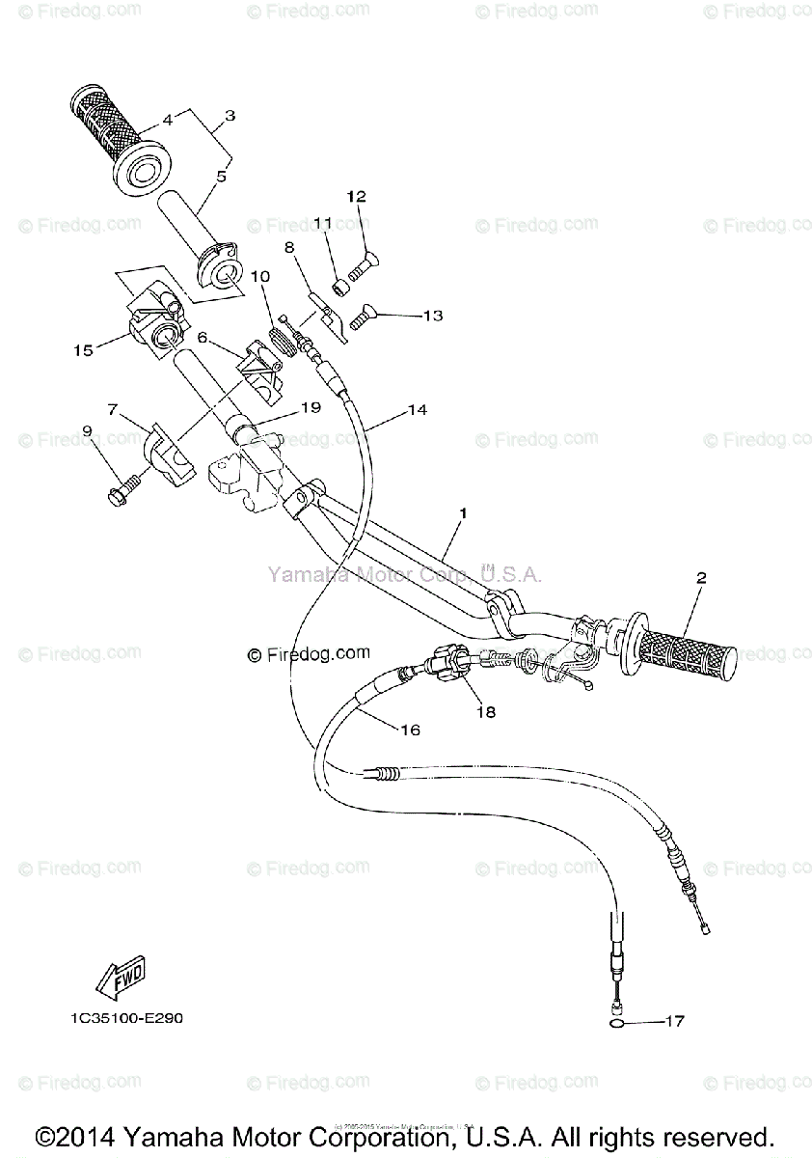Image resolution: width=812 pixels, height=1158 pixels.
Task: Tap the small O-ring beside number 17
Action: point(616,1021)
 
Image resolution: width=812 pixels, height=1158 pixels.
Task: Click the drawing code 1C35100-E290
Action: point(125,1020)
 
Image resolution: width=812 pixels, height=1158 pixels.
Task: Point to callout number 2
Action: point(701,578)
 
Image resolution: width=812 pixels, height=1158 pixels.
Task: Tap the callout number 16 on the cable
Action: point(410,731)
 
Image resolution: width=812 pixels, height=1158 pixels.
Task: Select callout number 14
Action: point(417,410)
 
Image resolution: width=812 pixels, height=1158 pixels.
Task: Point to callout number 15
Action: point(83,350)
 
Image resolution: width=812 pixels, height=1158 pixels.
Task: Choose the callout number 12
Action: point(357,197)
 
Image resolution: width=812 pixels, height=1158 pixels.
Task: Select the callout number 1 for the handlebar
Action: point(463,513)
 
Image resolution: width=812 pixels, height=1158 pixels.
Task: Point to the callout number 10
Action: point(260,276)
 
